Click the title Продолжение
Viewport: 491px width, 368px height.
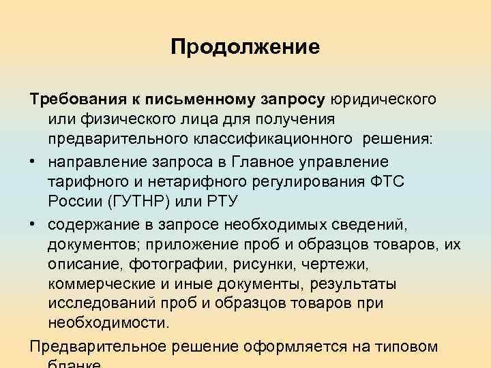click(245, 47)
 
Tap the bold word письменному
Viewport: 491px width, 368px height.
click(209, 99)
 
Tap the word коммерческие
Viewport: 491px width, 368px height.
click(101, 282)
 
